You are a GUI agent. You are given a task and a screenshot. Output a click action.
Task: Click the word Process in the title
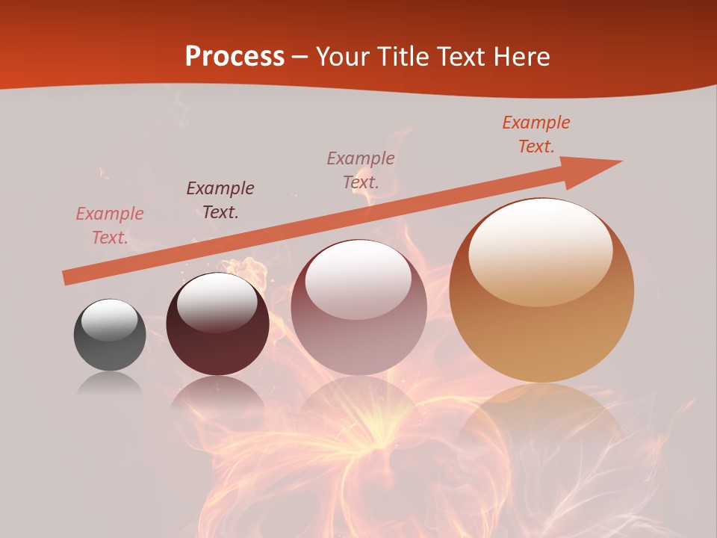click(x=235, y=56)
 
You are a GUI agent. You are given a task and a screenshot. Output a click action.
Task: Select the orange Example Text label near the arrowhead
click(x=536, y=134)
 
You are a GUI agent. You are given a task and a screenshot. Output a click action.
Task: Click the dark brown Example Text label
click(x=220, y=200)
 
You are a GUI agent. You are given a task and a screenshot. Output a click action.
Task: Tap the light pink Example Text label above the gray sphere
click(x=110, y=226)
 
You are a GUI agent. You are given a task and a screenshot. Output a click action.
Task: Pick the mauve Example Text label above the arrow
click(x=361, y=170)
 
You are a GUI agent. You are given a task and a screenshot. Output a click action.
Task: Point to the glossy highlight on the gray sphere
click(x=109, y=319)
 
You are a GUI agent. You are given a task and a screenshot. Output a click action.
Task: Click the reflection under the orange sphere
click(x=541, y=426)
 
